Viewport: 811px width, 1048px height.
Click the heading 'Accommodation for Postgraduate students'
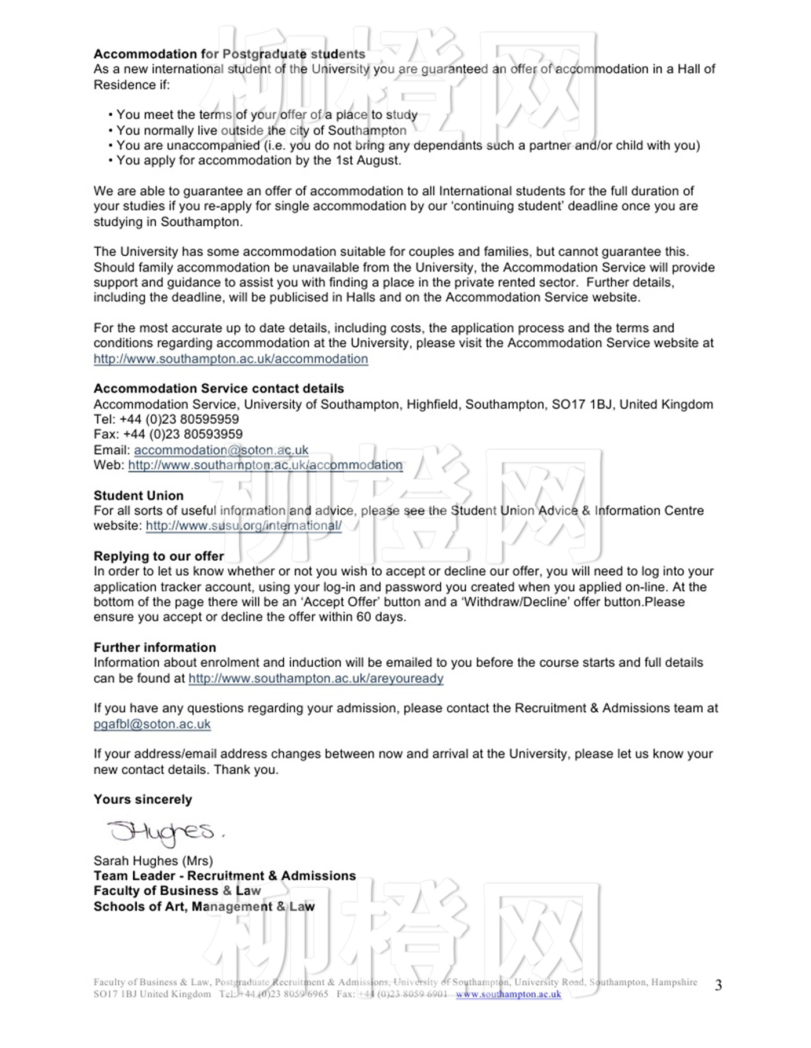click(229, 54)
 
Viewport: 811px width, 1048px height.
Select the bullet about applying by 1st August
click(258, 160)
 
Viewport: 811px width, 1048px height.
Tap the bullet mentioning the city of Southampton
click(261, 130)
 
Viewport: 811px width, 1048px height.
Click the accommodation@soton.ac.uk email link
click(221, 450)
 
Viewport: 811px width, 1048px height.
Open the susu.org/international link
click(243, 525)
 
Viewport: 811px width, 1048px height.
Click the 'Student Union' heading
click(138, 495)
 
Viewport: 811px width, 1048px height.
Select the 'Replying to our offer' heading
click(159, 556)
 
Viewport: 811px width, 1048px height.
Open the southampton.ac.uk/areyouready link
click(316, 678)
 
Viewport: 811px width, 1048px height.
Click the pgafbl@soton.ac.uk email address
click(152, 724)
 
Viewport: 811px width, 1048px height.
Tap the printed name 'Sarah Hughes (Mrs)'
click(153, 861)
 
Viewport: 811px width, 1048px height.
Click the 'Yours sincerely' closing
click(143, 799)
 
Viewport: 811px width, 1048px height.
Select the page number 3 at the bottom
click(718, 986)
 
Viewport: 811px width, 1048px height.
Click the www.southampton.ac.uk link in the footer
click(508, 994)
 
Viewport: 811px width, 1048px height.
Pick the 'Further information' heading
click(155, 648)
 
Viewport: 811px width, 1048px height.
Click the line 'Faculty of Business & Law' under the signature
click(177, 891)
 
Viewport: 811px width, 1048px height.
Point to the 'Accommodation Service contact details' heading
click(218, 388)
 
